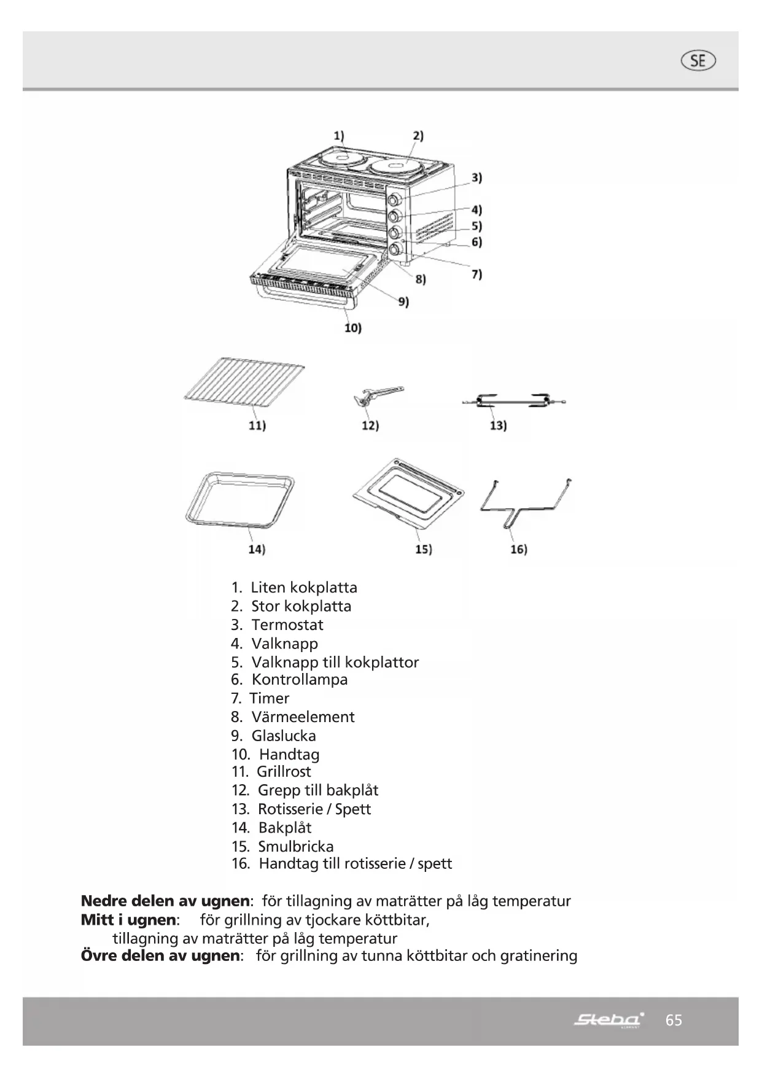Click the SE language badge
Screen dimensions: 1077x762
click(698, 61)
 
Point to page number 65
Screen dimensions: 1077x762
click(674, 1020)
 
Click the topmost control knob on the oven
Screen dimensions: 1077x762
click(395, 200)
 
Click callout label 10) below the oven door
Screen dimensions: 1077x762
click(352, 328)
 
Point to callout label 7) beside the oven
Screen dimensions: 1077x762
click(476, 274)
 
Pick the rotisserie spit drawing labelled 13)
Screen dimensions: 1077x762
click(513, 402)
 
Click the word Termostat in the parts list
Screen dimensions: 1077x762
click(287, 625)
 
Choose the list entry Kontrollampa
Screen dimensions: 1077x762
click(299, 680)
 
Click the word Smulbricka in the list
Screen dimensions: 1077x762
click(295, 846)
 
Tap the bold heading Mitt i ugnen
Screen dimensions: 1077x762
click(128, 920)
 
